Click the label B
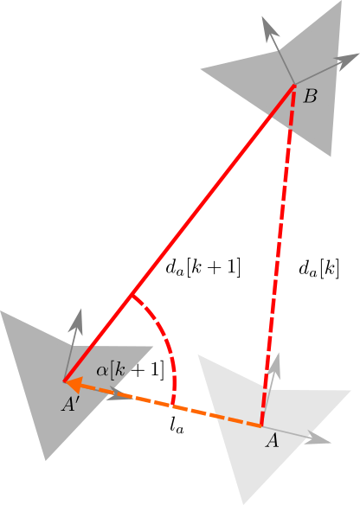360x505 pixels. point(310,96)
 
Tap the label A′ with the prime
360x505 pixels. point(69,404)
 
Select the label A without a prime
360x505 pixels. point(272,441)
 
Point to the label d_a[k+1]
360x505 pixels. point(203,268)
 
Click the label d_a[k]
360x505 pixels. point(318,269)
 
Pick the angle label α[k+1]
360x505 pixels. point(130,370)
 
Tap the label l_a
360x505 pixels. point(177,426)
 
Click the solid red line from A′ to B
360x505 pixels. point(179,233)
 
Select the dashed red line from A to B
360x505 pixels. point(278,255)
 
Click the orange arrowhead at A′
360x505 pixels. point(74,385)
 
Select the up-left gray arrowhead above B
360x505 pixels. point(269,29)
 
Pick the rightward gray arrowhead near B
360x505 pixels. point(347,61)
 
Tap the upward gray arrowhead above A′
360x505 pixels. point(76,321)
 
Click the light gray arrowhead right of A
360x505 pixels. point(318,438)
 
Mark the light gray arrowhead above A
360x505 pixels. point(274,366)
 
